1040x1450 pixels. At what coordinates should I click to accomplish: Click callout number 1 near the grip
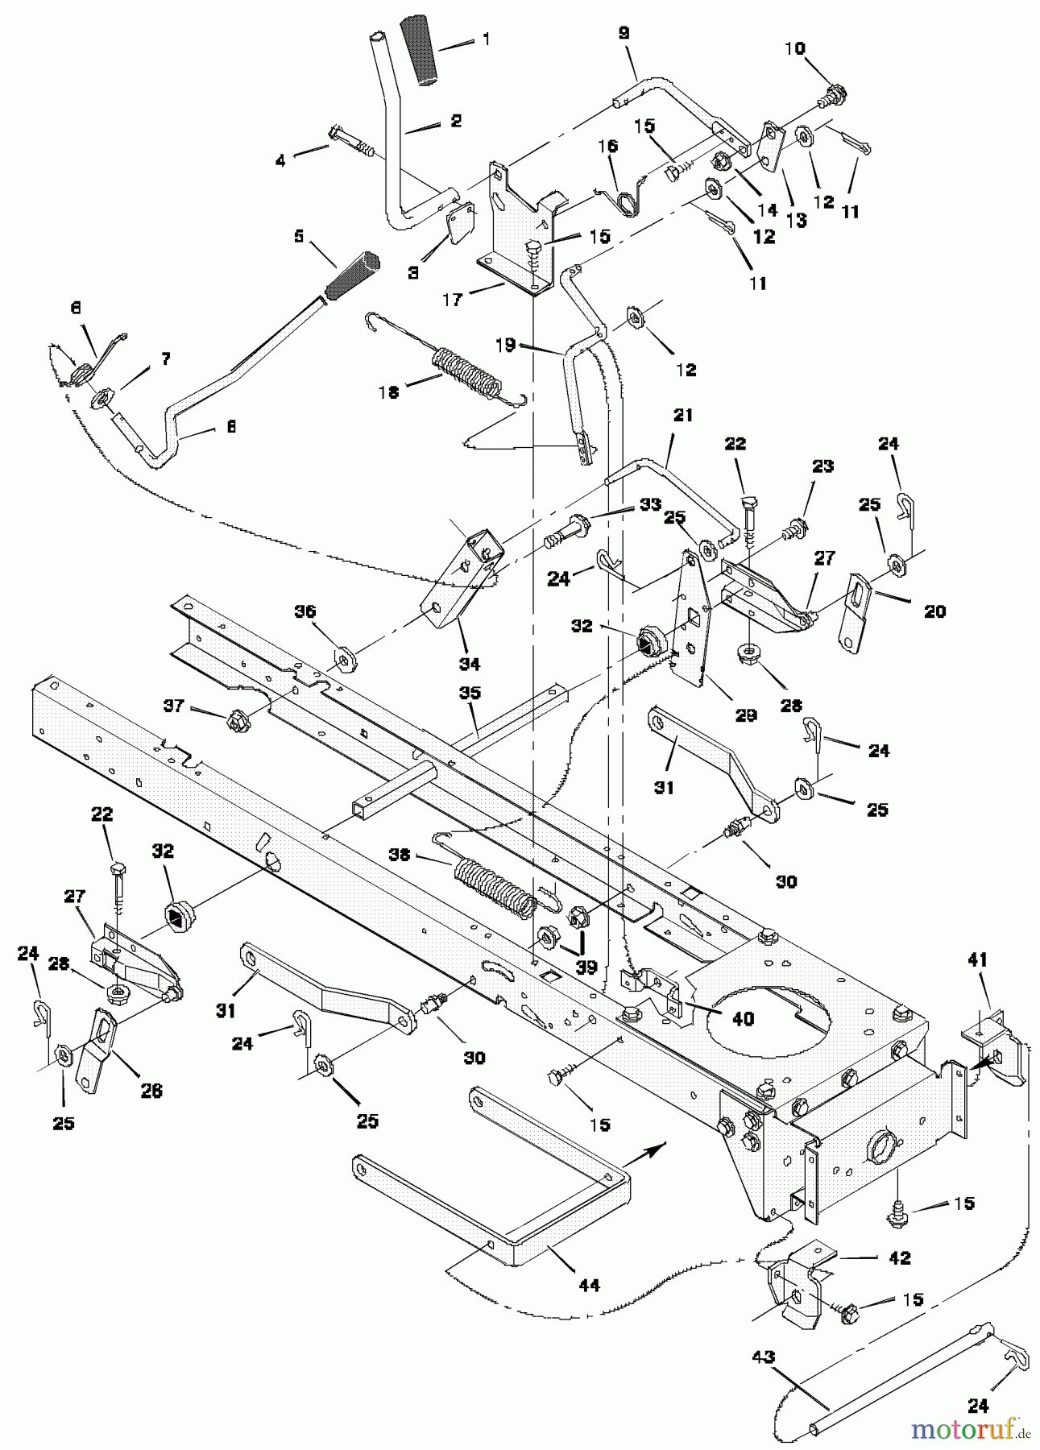(x=486, y=38)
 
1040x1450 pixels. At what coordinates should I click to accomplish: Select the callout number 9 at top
(x=624, y=33)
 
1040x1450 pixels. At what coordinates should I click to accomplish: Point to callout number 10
(x=794, y=49)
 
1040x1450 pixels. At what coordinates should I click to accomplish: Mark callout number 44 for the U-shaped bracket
(x=590, y=1285)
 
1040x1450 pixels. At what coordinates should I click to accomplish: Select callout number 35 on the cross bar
(x=470, y=693)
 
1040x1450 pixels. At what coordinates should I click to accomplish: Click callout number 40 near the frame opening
(x=743, y=1019)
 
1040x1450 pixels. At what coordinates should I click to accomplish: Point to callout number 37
(x=173, y=706)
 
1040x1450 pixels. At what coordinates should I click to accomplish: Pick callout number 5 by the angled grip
(x=299, y=236)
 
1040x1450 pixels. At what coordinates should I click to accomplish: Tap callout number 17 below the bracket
(x=452, y=300)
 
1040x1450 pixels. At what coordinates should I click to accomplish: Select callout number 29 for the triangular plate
(x=746, y=715)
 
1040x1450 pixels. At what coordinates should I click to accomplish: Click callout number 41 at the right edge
(x=977, y=959)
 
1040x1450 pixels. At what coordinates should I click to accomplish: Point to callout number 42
(x=899, y=1257)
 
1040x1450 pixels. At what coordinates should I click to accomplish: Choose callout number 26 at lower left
(x=151, y=1091)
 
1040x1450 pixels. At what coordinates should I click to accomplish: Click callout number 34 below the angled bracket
(x=470, y=664)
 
